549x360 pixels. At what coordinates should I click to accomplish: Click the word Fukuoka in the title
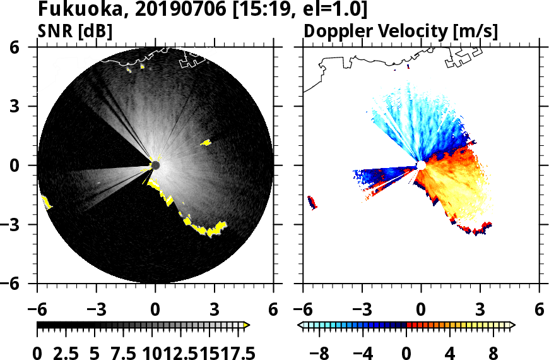(x=75, y=10)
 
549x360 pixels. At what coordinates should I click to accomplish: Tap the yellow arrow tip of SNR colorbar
(x=247, y=325)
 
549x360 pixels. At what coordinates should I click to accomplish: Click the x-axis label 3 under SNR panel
(x=215, y=309)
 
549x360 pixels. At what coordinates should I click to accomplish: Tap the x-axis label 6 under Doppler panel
(x=539, y=309)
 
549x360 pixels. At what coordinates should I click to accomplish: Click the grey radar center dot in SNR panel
(x=155, y=165)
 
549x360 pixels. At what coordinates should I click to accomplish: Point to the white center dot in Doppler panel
(x=420, y=165)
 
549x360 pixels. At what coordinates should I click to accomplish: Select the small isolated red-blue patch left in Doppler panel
(x=312, y=202)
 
